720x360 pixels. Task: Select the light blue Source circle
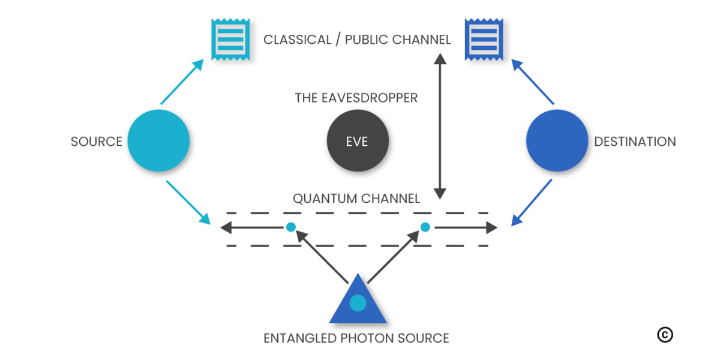158,142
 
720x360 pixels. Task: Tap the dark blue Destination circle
556,142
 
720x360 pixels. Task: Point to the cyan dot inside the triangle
358,303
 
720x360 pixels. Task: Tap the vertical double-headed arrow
440,126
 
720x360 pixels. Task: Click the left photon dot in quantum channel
291,227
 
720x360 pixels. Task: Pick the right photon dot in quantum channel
425,227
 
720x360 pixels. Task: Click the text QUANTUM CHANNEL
356,199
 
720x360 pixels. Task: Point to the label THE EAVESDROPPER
356,98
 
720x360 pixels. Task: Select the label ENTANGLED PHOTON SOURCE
356,338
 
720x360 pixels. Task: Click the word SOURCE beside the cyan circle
96,142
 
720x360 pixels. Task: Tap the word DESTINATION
635,142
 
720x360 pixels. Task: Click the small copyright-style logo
665,335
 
